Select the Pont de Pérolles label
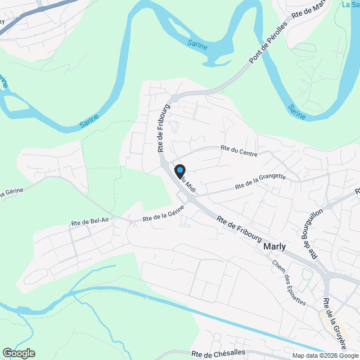coord(268,44)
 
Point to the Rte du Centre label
coord(240,149)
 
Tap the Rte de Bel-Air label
coord(90,223)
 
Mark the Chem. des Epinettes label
coord(289,282)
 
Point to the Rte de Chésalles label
coord(218,354)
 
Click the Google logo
coord(19,353)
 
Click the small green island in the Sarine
coord(15,103)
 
